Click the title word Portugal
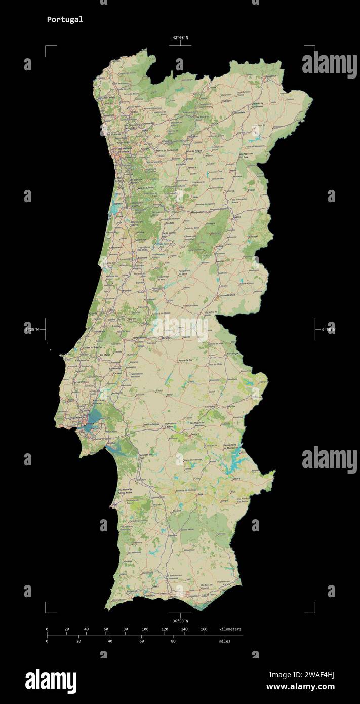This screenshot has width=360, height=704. pos(65,20)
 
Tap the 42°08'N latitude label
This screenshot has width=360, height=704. pos(180,38)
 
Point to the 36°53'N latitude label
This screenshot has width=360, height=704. pos(180,621)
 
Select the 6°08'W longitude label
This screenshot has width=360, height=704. pos(328,329)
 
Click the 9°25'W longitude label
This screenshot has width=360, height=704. pos(31,329)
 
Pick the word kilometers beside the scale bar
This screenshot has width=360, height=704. pos(230,629)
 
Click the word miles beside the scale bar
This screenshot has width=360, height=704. pos(224,641)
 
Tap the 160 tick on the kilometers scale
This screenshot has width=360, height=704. pos(204,629)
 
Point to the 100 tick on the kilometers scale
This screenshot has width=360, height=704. pos(145,629)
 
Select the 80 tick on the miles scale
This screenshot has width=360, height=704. pos(173,641)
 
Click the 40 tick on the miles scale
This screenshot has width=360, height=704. pos(110,641)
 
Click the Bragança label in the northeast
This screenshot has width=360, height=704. pos(269,75)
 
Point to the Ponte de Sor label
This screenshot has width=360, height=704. pos(185,360)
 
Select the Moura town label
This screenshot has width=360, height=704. pos(236,478)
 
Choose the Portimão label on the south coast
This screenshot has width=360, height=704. pos(150,596)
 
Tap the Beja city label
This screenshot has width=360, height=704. pos(200,493)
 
